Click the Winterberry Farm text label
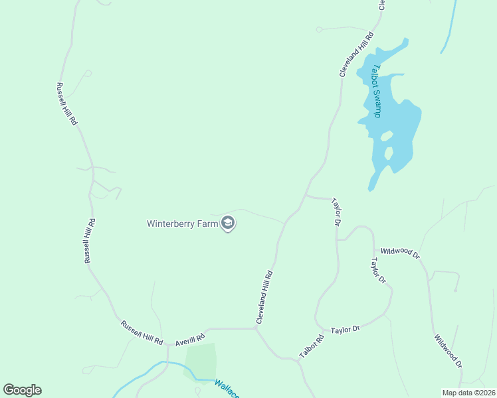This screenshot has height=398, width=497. [183, 224]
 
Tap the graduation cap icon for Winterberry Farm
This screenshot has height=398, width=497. [228, 223]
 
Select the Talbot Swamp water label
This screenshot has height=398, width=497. [376, 91]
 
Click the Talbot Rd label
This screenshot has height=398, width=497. [311, 346]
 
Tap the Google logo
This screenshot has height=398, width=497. [22, 390]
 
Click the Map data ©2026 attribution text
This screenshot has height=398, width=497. [468, 393]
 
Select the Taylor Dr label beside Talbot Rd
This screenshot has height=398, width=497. [346, 329]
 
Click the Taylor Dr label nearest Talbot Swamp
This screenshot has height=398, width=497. [337, 212]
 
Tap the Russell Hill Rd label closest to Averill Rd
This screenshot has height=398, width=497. [142, 332]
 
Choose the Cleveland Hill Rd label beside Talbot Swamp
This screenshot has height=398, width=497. [357, 54]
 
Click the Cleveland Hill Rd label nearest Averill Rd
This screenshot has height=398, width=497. [264, 297]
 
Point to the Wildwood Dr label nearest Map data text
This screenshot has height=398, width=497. [448, 352]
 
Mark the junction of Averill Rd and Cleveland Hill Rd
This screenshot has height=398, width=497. [256, 328]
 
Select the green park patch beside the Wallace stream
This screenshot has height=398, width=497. [201, 360]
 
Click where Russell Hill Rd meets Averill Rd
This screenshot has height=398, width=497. [167, 344]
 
